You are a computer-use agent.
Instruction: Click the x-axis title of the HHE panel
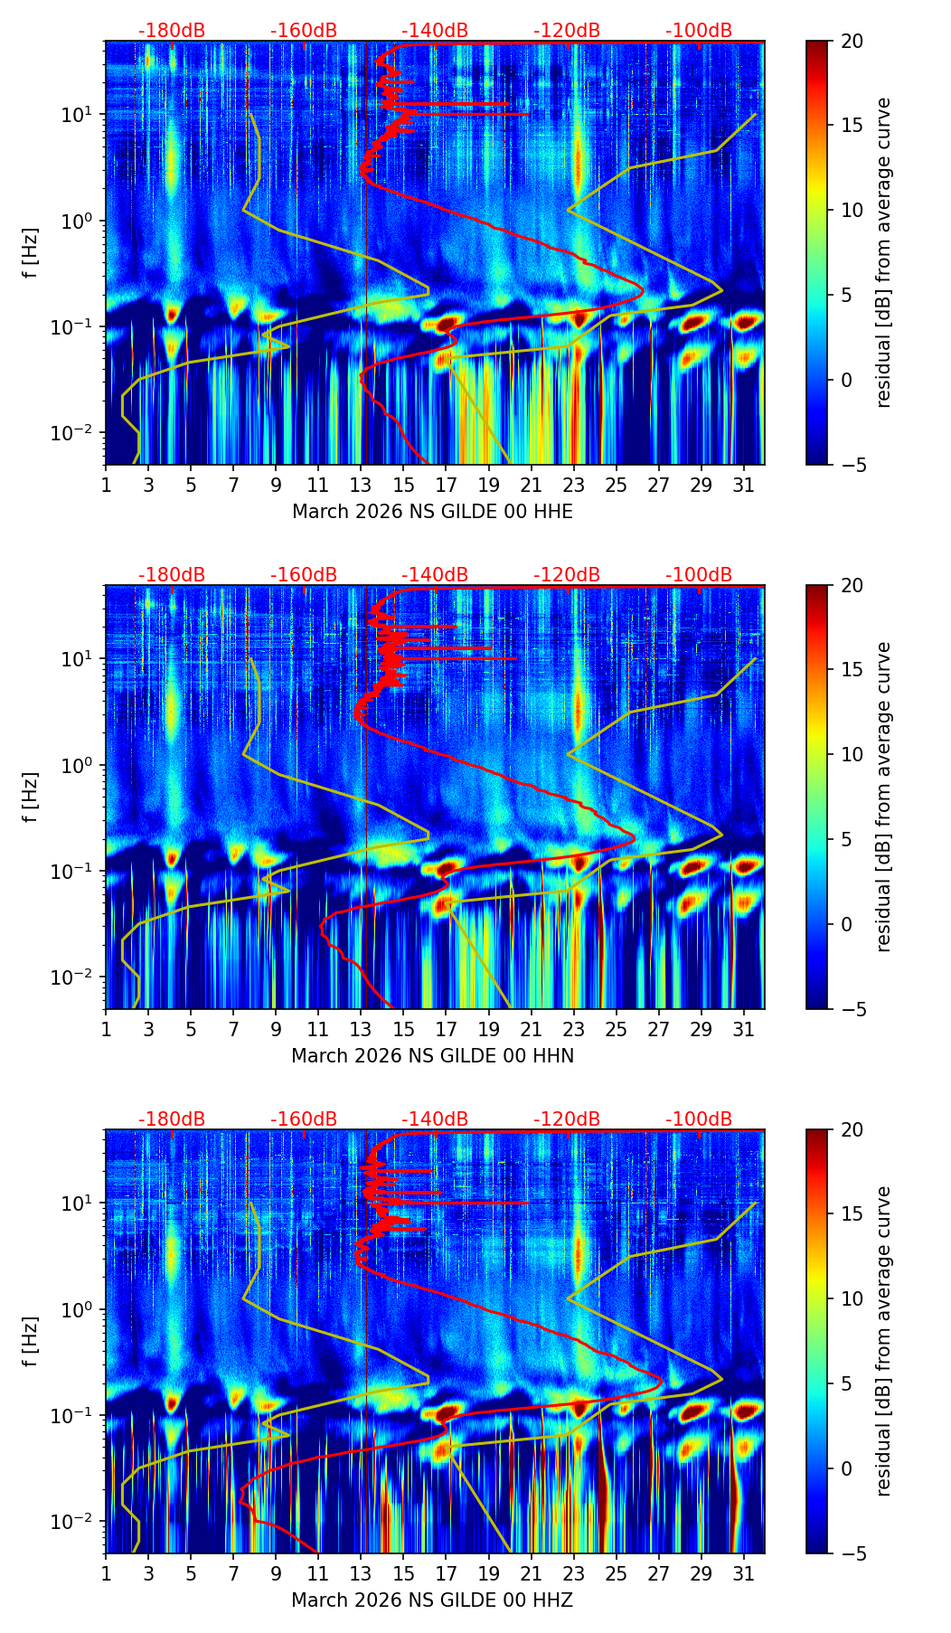(x=432, y=512)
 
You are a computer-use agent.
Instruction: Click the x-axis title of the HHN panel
(x=432, y=1056)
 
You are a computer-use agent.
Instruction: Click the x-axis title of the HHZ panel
(x=432, y=1600)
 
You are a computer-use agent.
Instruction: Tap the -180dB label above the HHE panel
(x=172, y=31)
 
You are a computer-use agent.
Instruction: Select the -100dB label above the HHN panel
(x=699, y=575)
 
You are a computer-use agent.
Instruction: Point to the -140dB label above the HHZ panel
(x=435, y=1119)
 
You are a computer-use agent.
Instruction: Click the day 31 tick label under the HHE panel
(x=743, y=486)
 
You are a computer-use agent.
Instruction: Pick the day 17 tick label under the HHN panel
(x=446, y=1030)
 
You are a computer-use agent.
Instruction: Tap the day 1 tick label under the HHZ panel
(x=106, y=1574)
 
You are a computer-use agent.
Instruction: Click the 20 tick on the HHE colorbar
(x=852, y=41)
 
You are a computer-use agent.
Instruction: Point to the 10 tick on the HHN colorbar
(x=852, y=754)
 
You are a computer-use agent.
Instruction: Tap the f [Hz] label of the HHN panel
(x=32, y=797)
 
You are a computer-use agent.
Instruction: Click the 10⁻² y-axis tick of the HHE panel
(x=80, y=434)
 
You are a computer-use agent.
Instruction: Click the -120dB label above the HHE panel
(x=567, y=31)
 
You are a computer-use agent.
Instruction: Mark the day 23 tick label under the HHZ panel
(x=573, y=1574)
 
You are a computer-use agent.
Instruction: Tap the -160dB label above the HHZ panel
(x=304, y=1119)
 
